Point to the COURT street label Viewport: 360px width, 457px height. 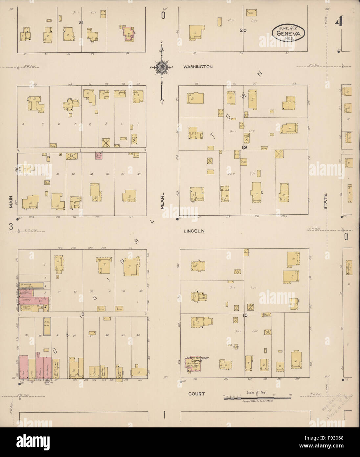pyautogui.click(x=197, y=393)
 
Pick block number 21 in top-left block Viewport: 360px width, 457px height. pyautogui.click(x=80, y=22)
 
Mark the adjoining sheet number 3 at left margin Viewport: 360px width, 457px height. pyautogui.click(x=11, y=227)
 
